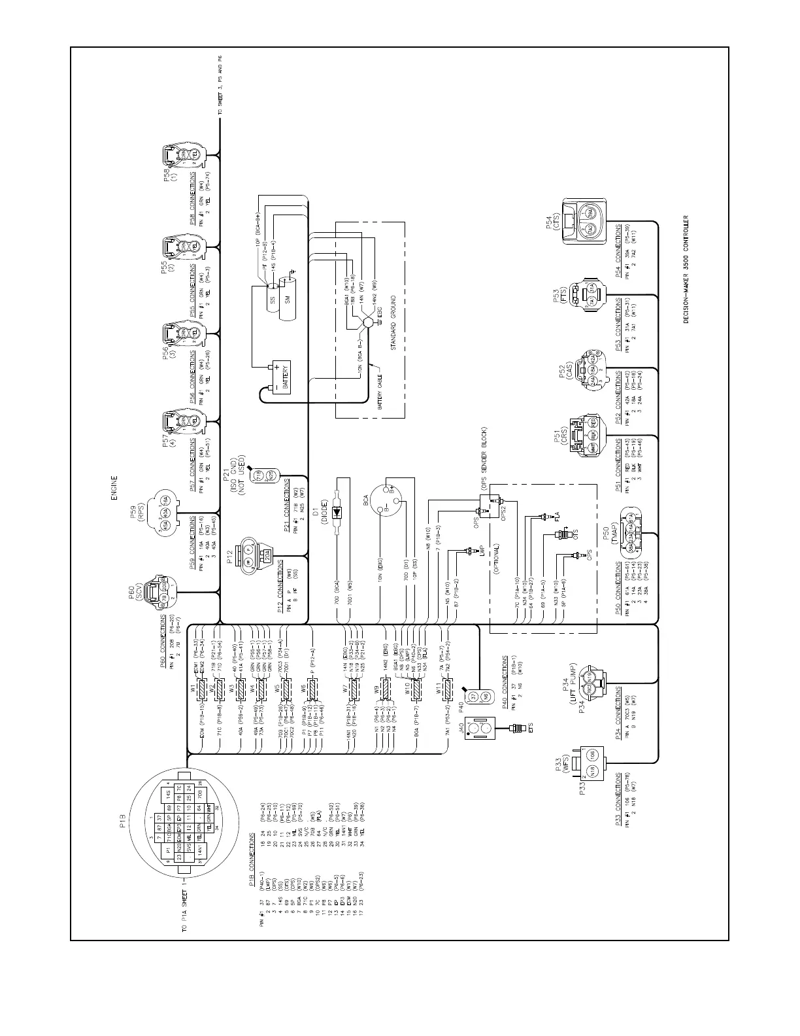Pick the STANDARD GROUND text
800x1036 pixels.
click(x=395, y=323)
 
